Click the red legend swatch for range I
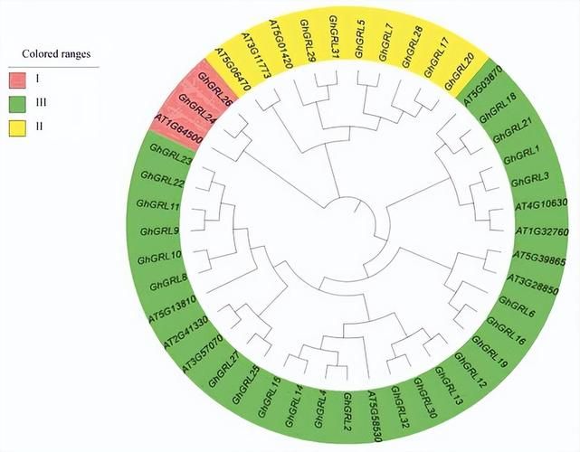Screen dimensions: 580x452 coord(17,80)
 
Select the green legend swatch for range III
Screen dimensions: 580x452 coord(17,104)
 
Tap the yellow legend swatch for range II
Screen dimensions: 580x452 coord(17,128)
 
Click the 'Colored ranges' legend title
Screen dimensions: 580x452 coord(56,54)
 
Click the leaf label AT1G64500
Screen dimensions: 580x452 coord(178,128)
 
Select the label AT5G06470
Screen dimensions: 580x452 coord(233,69)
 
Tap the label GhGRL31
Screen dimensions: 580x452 coord(335,36)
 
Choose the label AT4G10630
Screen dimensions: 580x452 coord(541,204)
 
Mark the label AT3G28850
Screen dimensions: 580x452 coord(533,284)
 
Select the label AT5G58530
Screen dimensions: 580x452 coord(375,417)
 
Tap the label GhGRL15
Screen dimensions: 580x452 coord(270,397)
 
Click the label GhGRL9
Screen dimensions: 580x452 coord(160,231)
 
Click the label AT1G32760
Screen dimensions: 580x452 coord(542,231)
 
